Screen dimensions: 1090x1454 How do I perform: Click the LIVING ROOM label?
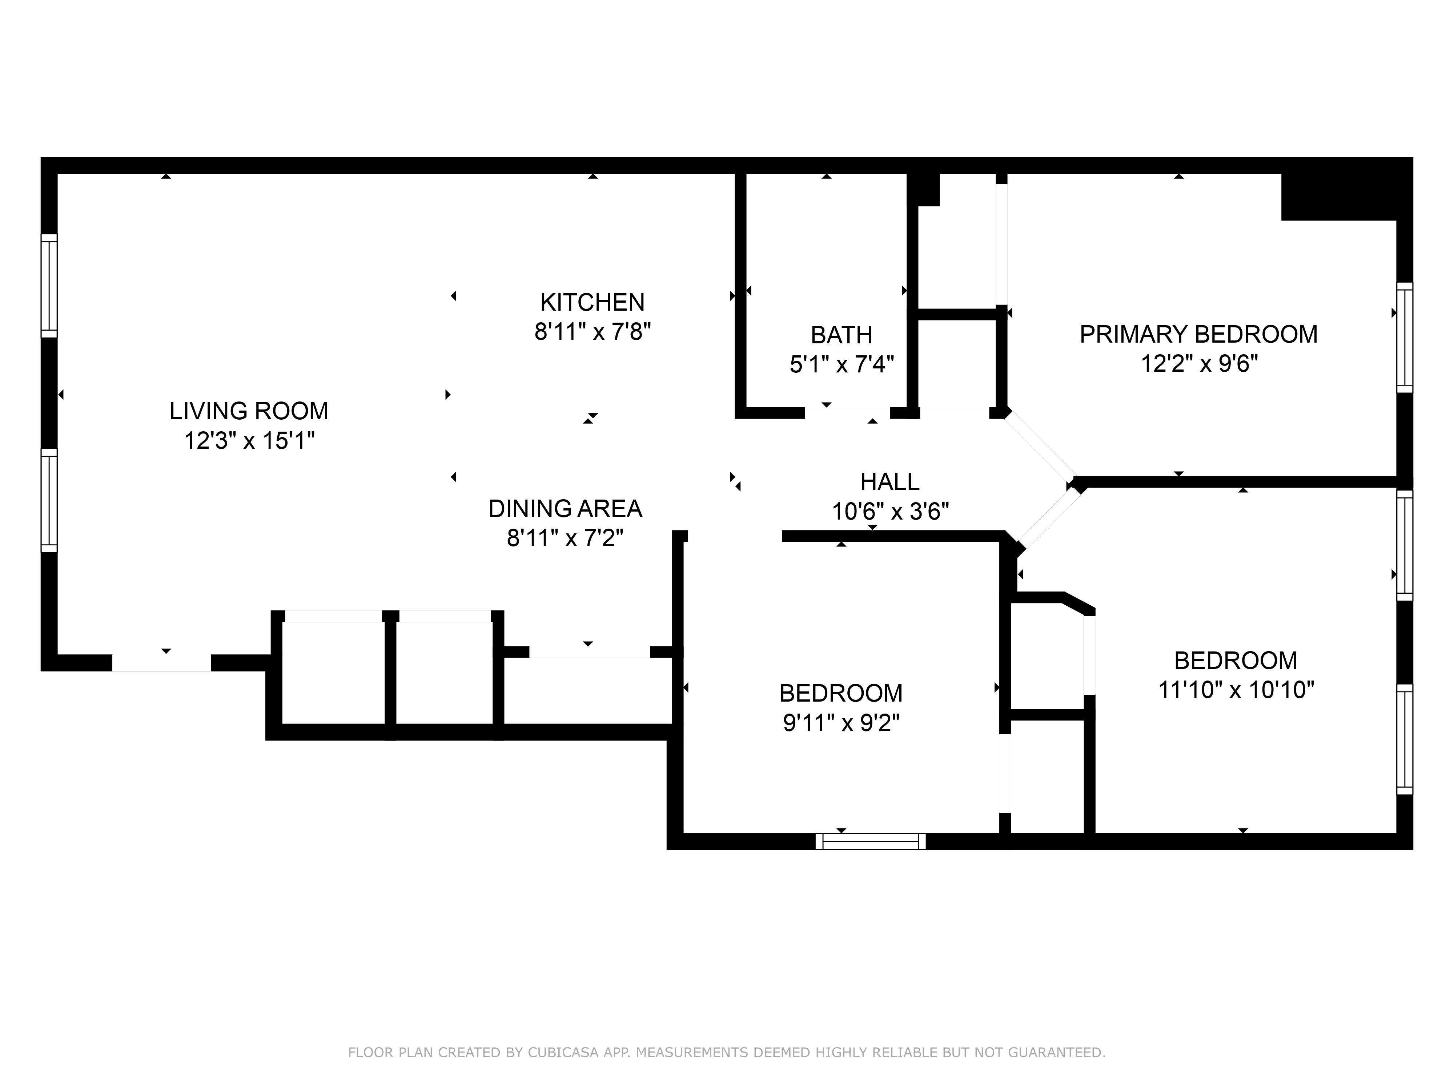point(249,411)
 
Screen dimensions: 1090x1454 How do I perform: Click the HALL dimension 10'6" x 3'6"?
point(890,511)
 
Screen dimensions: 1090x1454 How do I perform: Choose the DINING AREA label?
point(565,509)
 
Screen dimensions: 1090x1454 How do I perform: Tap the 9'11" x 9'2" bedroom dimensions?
point(841,723)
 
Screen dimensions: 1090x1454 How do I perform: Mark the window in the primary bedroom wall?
point(1404,338)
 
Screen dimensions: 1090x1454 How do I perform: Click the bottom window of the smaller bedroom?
point(870,841)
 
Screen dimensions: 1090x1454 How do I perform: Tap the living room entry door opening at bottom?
point(162,663)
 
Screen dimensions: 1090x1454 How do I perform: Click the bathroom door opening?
point(848,413)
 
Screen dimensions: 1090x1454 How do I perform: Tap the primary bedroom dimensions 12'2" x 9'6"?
point(1198,363)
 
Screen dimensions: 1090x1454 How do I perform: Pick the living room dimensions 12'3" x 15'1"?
point(249,441)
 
